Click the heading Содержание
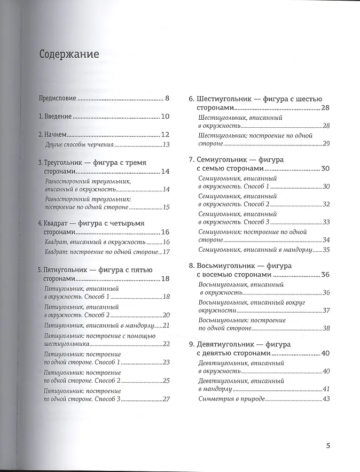coord(69,55)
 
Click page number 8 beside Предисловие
coord(167,98)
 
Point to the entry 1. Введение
coord(55,117)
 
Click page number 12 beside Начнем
coord(165,135)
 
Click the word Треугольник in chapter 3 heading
coord(71,163)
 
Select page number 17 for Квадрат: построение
coord(166,252)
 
